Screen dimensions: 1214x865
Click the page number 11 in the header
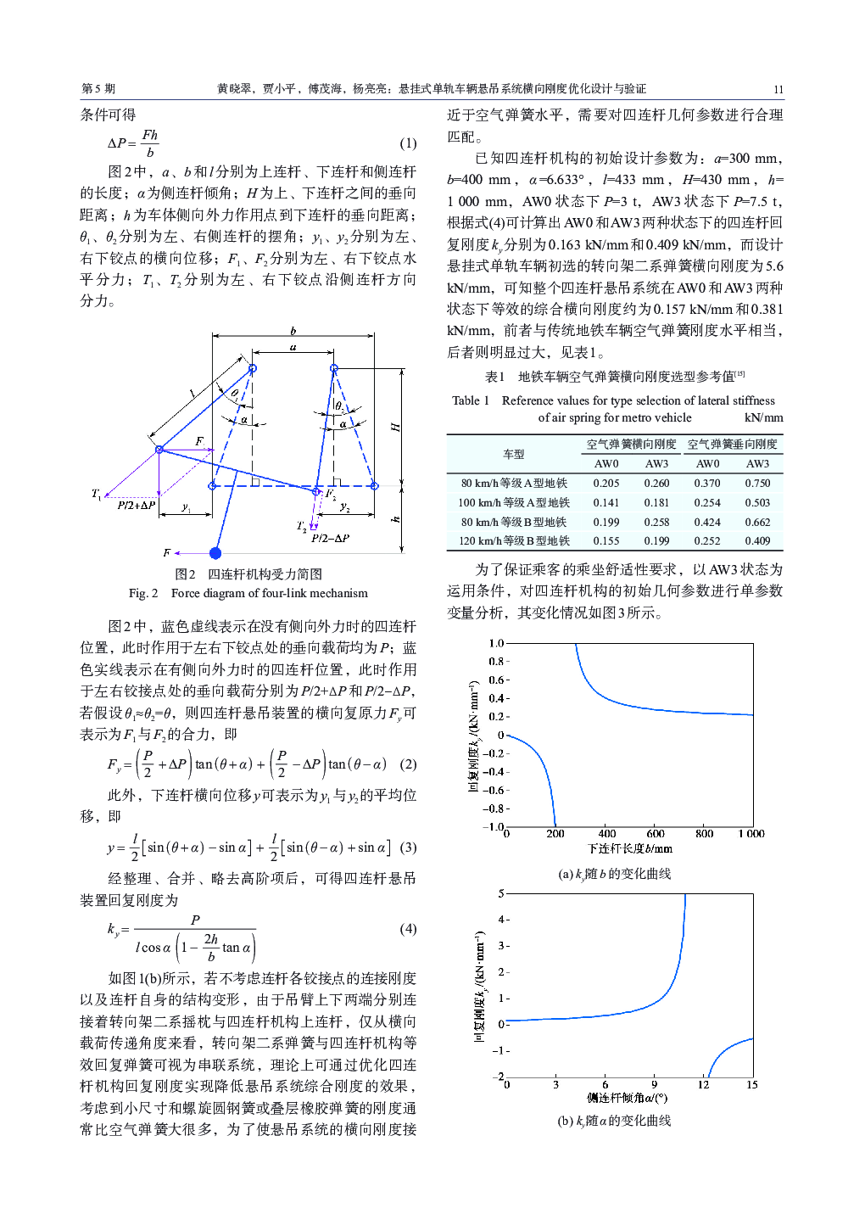778,89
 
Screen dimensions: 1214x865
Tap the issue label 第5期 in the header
98,88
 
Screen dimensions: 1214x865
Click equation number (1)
408,143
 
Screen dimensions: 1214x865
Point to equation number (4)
408,929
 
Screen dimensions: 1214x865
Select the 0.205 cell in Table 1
605,484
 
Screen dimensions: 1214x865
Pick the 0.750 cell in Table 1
757,484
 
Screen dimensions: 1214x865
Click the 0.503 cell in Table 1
757,503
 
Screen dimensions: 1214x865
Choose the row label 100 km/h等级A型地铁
514,503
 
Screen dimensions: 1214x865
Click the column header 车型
514,454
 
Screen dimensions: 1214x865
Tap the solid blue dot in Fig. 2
215,553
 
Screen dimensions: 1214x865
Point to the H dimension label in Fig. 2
395,427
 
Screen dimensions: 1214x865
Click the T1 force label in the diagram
97,494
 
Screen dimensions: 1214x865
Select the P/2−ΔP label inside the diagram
330,538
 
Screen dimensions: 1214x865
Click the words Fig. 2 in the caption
143,593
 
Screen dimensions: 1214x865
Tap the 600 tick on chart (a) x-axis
656,834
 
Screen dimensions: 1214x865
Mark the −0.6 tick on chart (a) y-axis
493,791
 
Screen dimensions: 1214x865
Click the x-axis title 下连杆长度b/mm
629,848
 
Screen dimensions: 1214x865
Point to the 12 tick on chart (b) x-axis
703,1084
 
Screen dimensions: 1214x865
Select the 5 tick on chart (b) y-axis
501,893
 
